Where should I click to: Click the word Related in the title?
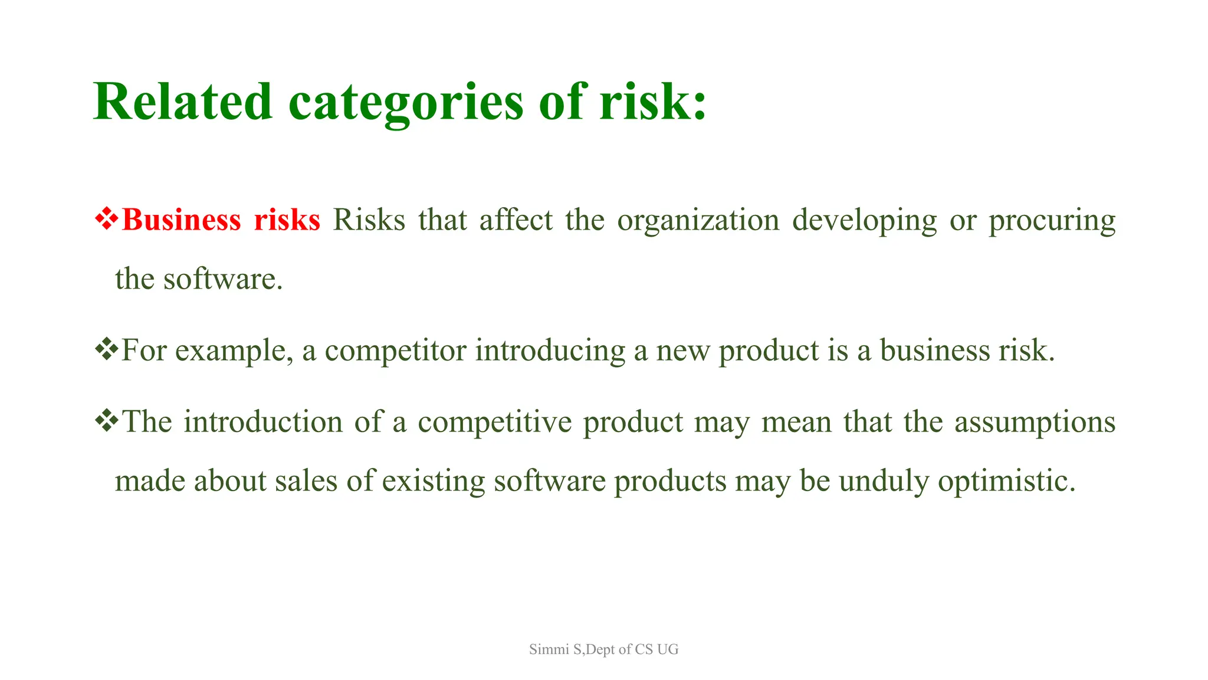point(182,102)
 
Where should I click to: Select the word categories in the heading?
point(406,102)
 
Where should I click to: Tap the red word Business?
point(181,220)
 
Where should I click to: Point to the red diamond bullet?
point(107,219)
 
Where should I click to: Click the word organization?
point(698,220)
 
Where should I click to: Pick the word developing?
point(864,220)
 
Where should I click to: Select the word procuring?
point(1052,220)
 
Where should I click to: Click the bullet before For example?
point(107,349)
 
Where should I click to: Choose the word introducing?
point(550,350)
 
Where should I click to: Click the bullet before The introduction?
point(107,421)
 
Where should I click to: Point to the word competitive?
point(494,421)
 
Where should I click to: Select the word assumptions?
point(1035,421)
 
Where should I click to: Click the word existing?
point(433,480)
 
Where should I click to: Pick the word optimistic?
point(1006,480)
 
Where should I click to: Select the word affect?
point(516,220)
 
